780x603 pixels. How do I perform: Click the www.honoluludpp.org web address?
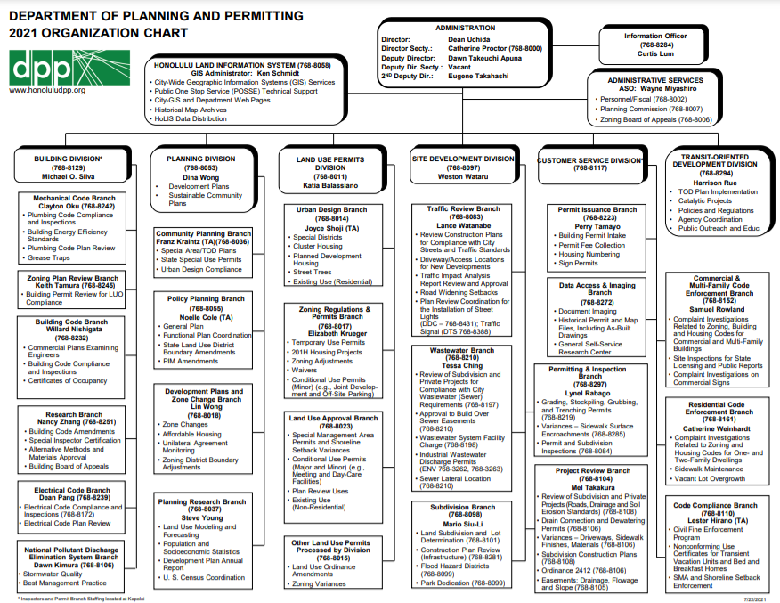[46, 90]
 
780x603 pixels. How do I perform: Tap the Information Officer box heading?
[655, 37]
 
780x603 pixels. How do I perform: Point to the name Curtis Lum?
[655, 53]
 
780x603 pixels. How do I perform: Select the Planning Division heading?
[200, 159]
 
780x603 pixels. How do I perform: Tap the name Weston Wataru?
[462, 176]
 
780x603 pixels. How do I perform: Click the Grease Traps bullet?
[49, 257]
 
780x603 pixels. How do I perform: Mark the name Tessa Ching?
[462, 365]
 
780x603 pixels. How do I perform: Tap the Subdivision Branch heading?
[462, 507]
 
